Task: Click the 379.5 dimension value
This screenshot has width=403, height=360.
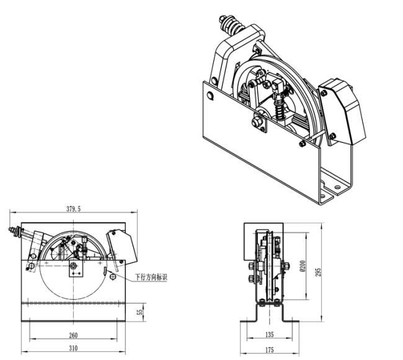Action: click(x=74, y=209)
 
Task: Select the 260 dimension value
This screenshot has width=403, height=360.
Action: click(x=73, y=335)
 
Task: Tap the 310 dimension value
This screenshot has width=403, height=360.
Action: click(x=73, y=348)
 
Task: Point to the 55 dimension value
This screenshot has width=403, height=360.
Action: click(x=140, y=312)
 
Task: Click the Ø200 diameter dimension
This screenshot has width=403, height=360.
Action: click(x=303, y=266)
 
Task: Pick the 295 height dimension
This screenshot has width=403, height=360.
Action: click(x=318, y=272)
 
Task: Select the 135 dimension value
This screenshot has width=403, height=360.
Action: click(x=269, y=335)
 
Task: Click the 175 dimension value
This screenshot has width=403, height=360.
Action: click(x=269, y=349)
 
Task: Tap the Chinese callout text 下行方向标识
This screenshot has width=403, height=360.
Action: click(x=151, y=277)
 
